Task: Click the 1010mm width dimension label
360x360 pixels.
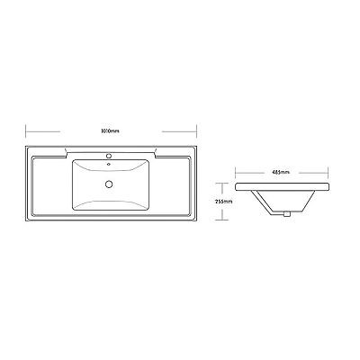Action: (110, 131)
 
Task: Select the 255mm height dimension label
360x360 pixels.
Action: (224, 202)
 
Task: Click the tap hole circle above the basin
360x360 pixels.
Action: (109, 156)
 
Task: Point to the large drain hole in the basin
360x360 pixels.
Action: (109, 184)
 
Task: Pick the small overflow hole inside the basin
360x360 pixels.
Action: (109, 164)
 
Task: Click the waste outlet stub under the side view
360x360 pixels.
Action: (287, 213)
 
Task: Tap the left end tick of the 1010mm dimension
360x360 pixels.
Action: (26, 131)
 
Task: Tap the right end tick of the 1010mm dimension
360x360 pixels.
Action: (196, 131)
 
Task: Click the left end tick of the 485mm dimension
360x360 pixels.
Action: (236, 173)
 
